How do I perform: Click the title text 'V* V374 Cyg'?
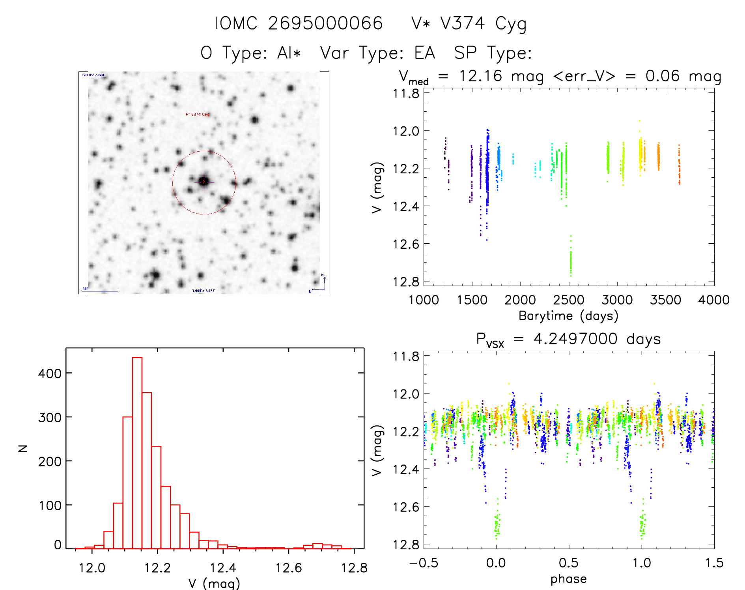[469, 24]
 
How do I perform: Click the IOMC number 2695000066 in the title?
[325, 24]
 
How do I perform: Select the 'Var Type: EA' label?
[377, 53]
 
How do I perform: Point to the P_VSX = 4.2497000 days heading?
[568, 339]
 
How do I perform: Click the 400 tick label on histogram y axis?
[50, 373]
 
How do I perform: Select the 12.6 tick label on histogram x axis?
[288, 568]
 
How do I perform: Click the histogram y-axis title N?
[23, 448]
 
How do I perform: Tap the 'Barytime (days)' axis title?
[568, 316]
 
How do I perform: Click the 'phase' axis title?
[568, 579]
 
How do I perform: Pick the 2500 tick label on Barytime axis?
[569, 300]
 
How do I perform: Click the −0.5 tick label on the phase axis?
[424, 563]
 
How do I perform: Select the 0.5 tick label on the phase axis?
[569, 563]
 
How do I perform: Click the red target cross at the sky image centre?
[204, 182]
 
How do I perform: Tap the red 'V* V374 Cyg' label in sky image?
[198, 115]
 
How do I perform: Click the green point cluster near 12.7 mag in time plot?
[571, 261]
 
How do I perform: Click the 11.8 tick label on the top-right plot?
[406, 94]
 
